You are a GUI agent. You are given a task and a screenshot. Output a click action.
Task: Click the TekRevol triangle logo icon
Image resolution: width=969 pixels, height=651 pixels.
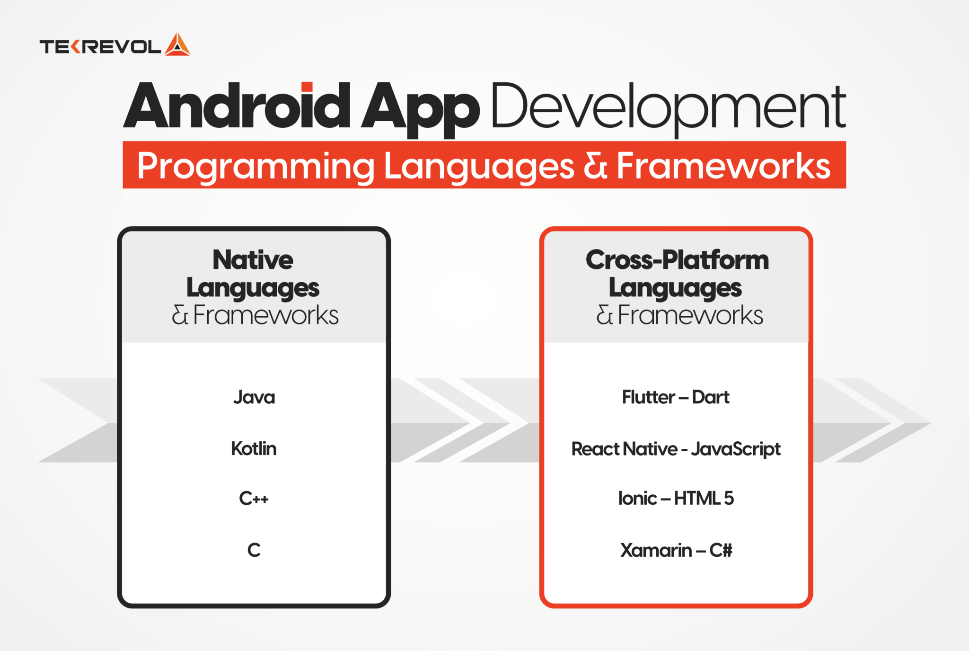(177, 45)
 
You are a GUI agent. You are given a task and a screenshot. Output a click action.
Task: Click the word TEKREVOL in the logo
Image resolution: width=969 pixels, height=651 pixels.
(101, 47)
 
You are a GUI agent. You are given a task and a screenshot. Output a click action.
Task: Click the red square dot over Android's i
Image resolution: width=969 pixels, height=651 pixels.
(307, 87)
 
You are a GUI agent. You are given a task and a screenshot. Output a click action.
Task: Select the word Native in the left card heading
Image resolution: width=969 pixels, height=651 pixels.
(253, 259)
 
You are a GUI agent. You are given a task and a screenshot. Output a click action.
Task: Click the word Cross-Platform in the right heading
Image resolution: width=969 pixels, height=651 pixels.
(678, 259)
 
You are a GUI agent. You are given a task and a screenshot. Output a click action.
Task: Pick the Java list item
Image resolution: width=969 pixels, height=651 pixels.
(254, 397)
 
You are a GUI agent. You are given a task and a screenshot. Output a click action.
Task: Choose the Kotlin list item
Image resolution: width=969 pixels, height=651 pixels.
(254, 448)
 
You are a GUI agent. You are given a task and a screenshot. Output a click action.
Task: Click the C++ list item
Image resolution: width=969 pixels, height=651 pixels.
(254, 499)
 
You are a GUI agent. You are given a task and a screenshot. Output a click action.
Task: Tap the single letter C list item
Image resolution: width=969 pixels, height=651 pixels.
(254, 550)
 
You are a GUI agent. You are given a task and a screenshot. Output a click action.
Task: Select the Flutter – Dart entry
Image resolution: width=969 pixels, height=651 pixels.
(676, 397)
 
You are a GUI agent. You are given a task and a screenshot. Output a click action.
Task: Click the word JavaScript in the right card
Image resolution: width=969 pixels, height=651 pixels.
(736, 449)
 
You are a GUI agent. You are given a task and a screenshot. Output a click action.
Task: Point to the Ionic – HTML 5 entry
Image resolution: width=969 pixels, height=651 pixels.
(676, 499)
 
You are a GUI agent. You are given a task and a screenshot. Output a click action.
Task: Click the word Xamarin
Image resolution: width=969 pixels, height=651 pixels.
(656, 550)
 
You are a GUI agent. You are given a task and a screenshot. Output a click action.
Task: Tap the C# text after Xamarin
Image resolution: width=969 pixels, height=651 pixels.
(721, 550)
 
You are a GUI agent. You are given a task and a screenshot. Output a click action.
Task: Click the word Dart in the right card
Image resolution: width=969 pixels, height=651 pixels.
(711, 397)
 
